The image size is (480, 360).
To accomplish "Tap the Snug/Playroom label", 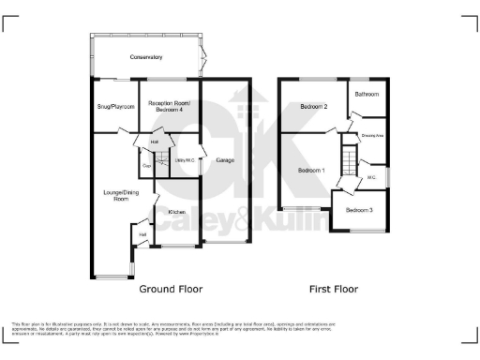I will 114,107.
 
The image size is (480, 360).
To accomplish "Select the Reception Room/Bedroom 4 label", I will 169,106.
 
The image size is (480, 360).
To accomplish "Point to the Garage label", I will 225,160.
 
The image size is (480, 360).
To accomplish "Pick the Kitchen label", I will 176,212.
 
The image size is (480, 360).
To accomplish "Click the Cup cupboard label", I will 146,167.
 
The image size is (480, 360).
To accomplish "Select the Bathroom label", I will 366,95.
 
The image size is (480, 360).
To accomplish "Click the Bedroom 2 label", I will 313,107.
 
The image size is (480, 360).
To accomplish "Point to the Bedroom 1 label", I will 311,171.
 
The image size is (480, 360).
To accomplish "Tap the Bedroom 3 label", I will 359,210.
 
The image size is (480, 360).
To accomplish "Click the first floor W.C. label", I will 371,175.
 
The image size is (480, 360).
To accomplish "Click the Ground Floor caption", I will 171,289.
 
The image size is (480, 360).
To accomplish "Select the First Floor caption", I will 334,289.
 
